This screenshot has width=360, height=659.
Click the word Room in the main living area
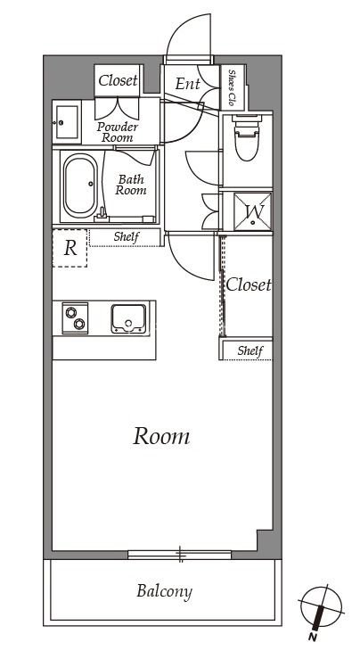pos(161,437)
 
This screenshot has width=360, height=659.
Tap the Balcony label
pos(164,591)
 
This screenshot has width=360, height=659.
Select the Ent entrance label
pos(187,84)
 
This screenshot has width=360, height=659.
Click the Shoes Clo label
pos(232,87)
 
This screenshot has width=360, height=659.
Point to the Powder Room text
pos(118,132)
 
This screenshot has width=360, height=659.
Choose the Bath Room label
pos(131,185)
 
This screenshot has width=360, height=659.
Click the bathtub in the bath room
pos(80,185)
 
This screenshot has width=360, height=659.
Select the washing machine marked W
pos(253,211)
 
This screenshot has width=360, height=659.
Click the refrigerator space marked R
pos(70,248)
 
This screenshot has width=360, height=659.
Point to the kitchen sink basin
pos(128,318)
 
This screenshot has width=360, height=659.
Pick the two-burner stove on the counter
pos(75,318)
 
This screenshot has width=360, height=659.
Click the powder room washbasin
pos(67,122)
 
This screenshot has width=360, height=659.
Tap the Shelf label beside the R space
pos(126,237)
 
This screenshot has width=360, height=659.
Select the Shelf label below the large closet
pos(250,350)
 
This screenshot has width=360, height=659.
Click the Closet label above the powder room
pos(118,80)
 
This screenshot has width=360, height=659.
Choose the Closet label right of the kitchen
pos(249,285)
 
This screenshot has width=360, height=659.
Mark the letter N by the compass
pos(313,637)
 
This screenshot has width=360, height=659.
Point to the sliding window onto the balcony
pos(180,555)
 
